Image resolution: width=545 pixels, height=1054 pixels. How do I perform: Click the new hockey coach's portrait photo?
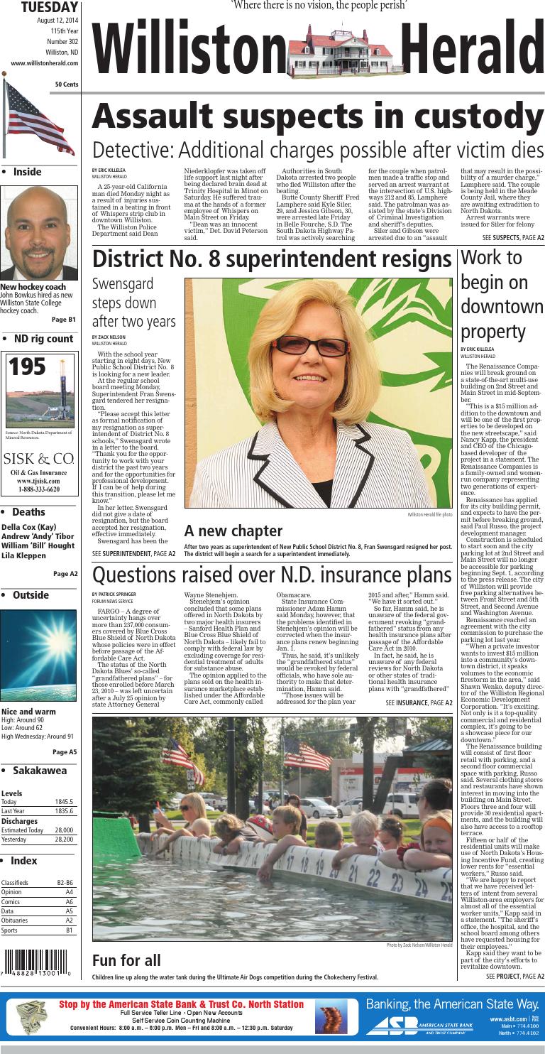tap(39, 234)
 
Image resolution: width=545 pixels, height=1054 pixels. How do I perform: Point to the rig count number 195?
tap(27, 367)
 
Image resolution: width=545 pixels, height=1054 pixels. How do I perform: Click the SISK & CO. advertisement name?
tap(39, 458)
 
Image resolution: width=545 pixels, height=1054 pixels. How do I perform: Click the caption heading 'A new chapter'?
tap(223, 531)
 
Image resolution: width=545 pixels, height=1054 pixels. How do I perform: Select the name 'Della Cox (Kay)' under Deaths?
tap(29, 527)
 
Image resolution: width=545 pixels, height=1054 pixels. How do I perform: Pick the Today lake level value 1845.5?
tap(64, 802)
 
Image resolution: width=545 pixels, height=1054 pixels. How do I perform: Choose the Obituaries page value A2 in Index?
tap(69, 920)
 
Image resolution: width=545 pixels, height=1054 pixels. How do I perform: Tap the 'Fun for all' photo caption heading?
tap(126, 960)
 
